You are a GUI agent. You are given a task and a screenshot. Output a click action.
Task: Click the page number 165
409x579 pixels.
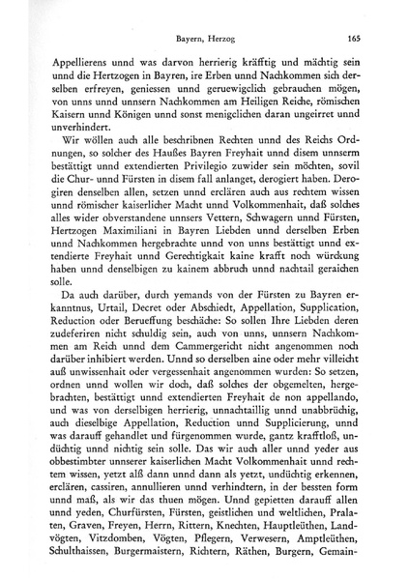click(x=354, y=40)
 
